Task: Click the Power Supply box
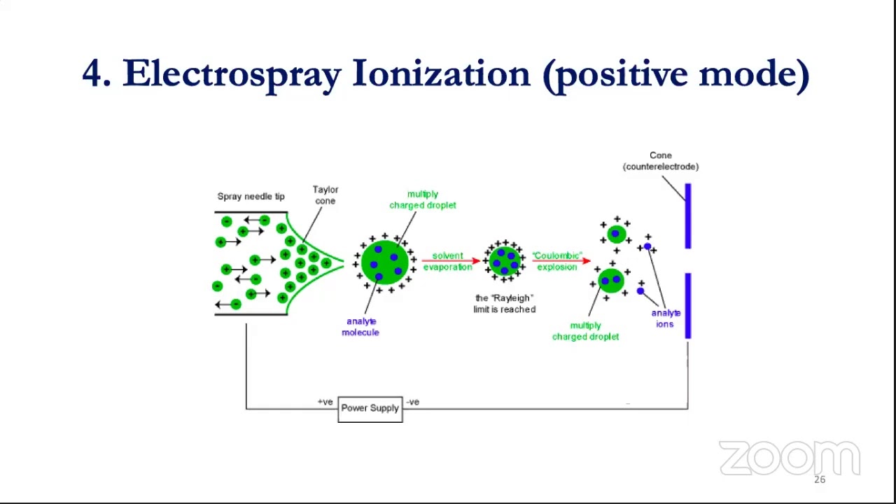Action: tap(370, 408)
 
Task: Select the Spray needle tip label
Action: tap(251, 197)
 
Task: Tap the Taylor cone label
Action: tap(325, 195)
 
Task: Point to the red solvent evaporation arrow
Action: tap(449, 261)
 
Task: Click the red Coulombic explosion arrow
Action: tap(560, 261)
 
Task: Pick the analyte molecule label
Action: tap(360, 327)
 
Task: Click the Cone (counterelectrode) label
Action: tap(661, 161)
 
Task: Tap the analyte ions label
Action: tap(666, 318)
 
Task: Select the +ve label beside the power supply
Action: tap(325, 402)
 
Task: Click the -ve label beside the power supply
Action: tap(413, 402)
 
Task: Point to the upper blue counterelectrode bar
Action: tap(688, 216)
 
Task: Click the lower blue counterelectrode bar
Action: tap(688, 306)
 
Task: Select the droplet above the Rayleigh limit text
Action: tap(504, 260)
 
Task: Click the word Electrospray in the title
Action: tap(232, 73)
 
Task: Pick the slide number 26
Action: tap(820, 479)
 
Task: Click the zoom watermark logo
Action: tap(789, 458)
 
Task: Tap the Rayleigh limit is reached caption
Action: tap(504, 304)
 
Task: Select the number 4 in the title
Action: tap(92, 73)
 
